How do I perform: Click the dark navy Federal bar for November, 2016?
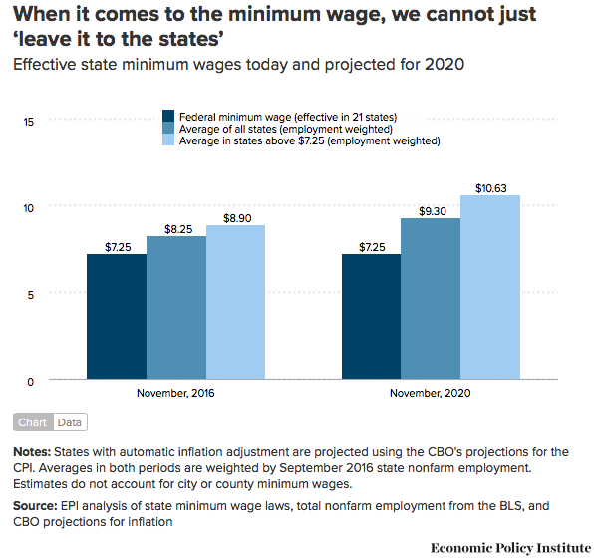(x=117, y=316)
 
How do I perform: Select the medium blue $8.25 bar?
(x=176, y=308)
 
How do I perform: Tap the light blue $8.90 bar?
(x=235, y=302)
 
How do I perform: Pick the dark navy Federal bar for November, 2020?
(x=371, y=316)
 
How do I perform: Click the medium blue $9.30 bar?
(x=431, y=299)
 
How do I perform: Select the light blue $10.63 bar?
(x=490, y=287)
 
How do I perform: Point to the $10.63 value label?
(x=491, y=188)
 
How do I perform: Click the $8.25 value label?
(x=178, y=229)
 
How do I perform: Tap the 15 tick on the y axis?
(x=29, y=122)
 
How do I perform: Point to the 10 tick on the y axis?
(x=29, y=208)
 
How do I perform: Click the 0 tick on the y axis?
(x=30, y=382)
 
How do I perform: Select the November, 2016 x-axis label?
(x=175, y=393)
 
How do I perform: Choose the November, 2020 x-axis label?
(x=430, y=393)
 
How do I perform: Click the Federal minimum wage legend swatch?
(x=168, y=116)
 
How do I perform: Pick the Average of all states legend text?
(x=286, y=130)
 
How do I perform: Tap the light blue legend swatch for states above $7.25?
(x=168, y=140)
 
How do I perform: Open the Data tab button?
(x=70, y=422)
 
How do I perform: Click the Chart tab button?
(x=33, y=422)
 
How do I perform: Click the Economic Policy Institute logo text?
(x=511, y=548)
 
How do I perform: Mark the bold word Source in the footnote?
(x=35, y=506)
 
